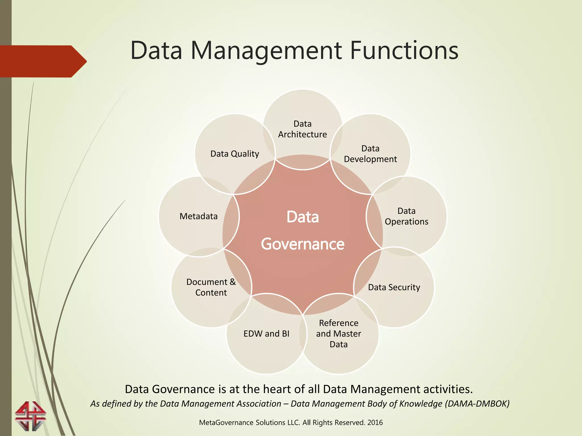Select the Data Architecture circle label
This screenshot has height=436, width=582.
click(x=302, y=129)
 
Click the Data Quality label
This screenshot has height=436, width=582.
click(x=235, y=154)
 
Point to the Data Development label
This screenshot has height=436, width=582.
click(x=370, y=154)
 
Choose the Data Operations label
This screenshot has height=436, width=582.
click(x=406, y=216)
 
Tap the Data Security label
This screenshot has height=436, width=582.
click(x=394, y=287)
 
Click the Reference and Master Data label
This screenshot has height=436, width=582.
click(x=338, y=334)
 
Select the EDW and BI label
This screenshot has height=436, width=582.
click(x=266, y=334)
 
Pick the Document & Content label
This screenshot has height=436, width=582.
click(x=211, y=287)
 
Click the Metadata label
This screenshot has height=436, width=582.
click(x=198, y=216)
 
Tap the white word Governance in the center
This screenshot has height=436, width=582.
click(x=303, y=244)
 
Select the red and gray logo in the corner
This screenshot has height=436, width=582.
click(x=30, y=416)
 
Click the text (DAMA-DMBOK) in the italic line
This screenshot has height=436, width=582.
click(x=477, y=404)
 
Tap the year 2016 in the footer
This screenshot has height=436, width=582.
click(x=375, y=423)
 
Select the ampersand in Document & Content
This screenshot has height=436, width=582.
click(x=233, y=282)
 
